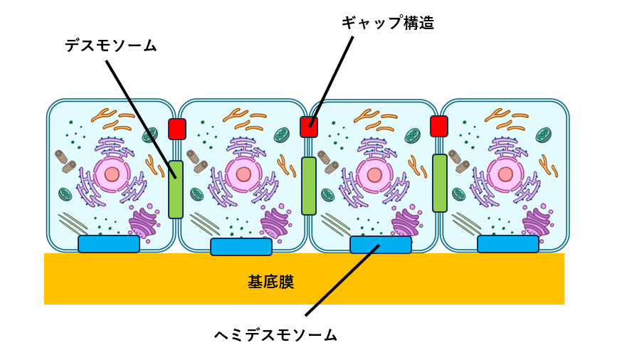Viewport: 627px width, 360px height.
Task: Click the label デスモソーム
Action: coord(111,46)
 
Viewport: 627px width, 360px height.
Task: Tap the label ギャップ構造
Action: coord(387,23)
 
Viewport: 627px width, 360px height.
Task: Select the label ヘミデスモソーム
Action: coord(275,334)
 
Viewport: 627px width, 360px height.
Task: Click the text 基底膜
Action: coord(270,282)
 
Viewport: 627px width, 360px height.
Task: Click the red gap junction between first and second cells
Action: coord(176,129)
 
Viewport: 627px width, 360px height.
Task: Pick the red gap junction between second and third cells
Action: coord(309,127)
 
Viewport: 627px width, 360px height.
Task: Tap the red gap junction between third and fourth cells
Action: coord(439,126)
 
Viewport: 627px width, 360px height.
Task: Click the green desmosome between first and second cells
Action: coord(176,189)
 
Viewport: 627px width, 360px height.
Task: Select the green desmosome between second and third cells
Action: coord(309,186)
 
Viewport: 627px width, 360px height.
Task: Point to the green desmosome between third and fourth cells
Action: coord(440,183)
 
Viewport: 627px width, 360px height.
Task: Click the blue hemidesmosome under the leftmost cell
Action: coord(109,243)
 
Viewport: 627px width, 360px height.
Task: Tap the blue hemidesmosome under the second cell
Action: coord(241,246)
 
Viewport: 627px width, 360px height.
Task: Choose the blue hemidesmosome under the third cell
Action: coord(381,244)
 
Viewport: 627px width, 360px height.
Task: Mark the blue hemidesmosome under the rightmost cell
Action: coord(508,243)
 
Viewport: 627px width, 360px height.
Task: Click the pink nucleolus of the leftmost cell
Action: coord(112,174)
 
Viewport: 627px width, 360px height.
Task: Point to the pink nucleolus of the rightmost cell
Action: coord(505,174)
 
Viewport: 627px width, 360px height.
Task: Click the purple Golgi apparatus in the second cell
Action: coord(274,223)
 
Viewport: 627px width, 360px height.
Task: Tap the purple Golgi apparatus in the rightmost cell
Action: coord(536,223)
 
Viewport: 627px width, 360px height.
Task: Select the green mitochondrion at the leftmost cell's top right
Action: coord(149,135)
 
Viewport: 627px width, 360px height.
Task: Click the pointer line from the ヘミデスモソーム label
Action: coord(342,281)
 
